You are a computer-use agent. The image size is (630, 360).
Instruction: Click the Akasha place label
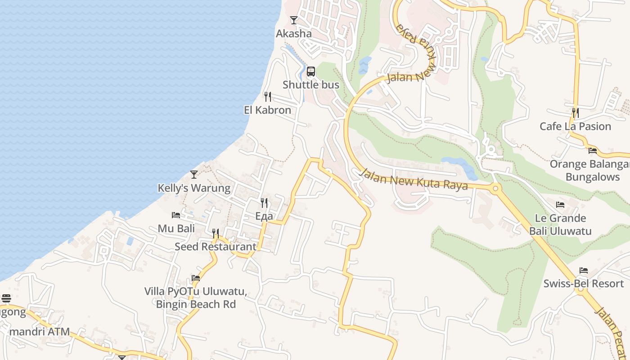click(x=293, y=34)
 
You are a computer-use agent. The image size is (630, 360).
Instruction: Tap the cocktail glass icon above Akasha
click(x=294, y=20)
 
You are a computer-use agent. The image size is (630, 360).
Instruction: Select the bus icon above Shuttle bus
click(x=311, y=71)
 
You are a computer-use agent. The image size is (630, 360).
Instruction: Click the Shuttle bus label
click(x=311, y=85)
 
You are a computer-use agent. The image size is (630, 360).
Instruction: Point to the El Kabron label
click(x=267, y=110)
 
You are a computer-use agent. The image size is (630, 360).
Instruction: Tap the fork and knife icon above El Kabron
click(x=267, y=96)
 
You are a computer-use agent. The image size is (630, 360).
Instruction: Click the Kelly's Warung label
click(x=194, y=188)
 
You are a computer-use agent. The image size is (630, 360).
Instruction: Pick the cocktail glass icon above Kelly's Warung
click(x=194, y=174)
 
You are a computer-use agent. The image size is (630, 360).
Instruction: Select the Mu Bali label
click(x=176, y=228)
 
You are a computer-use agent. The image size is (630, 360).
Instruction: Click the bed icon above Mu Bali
click(x=176, y=215)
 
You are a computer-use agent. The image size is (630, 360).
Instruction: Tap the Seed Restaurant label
click(x=216, y=246)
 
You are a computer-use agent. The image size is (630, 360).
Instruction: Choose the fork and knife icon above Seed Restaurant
click(x=216, y=233)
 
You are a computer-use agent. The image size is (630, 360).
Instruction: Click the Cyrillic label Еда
click(x=264, y=216)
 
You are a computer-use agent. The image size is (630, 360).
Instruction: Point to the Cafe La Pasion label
click(x=575, y=126)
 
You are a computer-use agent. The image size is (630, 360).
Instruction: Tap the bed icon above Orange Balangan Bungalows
click(x=593, y=151)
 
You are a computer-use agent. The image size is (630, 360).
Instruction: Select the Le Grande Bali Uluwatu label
click(x=560, y=225)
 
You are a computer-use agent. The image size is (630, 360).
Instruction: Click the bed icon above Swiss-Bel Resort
click(x=584, y=270)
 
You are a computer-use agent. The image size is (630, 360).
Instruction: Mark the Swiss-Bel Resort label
click(x=584, y=283)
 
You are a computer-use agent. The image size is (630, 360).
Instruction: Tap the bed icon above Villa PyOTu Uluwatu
click(x=196, y=278)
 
